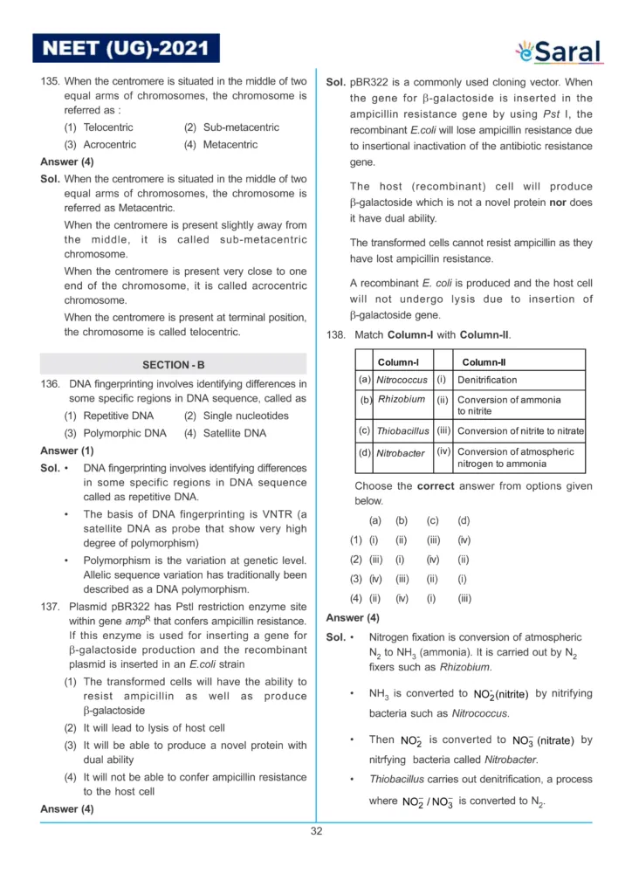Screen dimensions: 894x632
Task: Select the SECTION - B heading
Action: pos(173,365)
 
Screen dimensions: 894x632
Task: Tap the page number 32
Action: pos(316,831)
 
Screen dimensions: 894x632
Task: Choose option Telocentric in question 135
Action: pos(101,127)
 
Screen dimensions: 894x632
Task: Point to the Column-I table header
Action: pos(398,362)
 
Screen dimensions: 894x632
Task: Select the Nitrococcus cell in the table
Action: pos(402,381)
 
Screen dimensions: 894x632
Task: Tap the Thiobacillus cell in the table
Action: pos(402,431)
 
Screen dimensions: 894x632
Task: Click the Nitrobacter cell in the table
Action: pos(401,454)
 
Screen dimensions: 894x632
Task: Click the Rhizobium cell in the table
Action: pos(402,400)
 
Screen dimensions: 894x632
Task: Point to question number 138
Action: pos(336,335)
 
